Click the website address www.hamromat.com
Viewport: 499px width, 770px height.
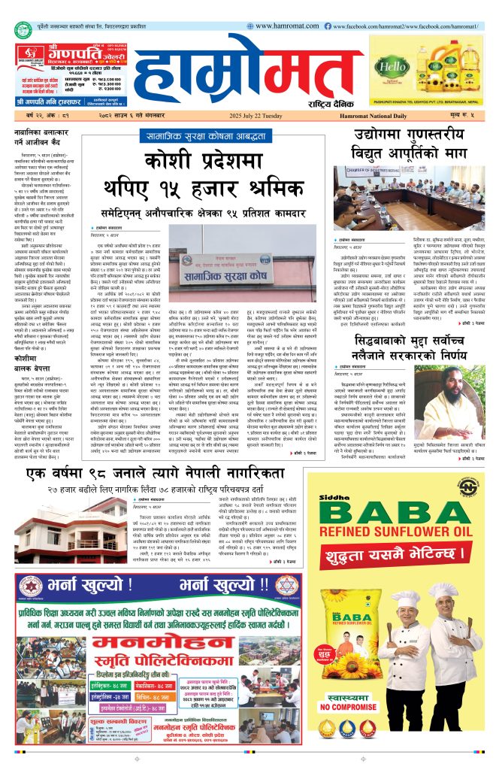tap(282, 26)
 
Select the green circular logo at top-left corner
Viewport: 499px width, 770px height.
tap(23, 29)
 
